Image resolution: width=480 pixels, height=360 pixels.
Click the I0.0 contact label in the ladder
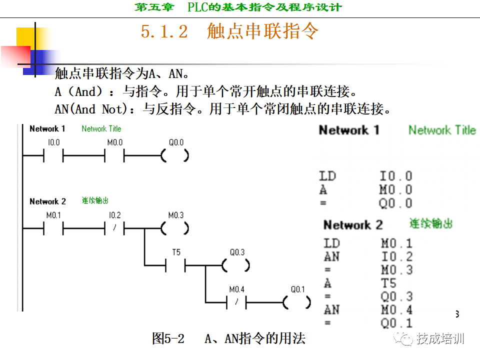tap(53, 142)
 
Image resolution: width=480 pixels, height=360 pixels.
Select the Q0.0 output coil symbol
tap(175, 156)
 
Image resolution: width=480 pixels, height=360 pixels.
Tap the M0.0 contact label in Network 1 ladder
tap(114, 142)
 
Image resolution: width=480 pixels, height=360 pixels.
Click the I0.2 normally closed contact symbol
tap(114, 229)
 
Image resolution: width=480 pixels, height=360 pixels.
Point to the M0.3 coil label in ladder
tap(175, 215)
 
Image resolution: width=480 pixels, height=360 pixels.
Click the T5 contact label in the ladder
tap(176, 252)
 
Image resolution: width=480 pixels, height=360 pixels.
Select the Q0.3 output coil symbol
tap(236, 266)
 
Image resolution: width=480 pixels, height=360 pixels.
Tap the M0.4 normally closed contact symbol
tap(236, 302)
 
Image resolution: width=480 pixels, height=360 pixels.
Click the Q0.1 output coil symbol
tap(297, 302)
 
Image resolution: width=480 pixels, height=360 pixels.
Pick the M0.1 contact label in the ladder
tap(53, 215)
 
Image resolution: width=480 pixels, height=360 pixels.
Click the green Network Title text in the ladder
tap(101, 128)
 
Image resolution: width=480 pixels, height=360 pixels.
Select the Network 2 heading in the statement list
tap(352, 225)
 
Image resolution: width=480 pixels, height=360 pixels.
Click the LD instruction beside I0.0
tap(327, 176)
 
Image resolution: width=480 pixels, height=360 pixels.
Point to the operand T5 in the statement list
tap(389, 283)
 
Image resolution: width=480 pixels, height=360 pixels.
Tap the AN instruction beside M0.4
tap(331, 310)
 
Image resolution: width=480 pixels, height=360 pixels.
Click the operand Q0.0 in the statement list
tap(395, 203)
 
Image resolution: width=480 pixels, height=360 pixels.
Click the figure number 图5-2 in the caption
tap(168, 338)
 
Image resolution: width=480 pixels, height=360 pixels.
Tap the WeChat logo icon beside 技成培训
tap(403, 339)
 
